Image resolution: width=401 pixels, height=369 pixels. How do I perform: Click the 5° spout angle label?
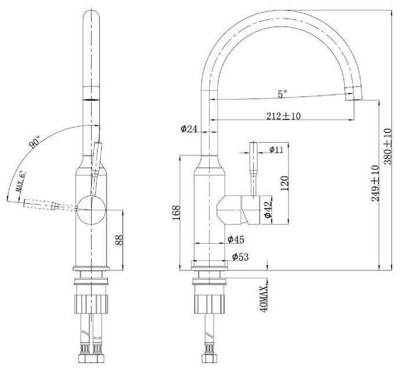point(282,93)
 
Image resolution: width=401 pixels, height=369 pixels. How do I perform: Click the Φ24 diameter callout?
point(189,129)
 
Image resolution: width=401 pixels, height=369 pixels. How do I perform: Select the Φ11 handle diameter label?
point(276,150)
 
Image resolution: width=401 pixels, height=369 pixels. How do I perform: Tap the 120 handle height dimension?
point(284,183)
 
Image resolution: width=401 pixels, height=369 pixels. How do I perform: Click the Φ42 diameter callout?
point(268,209)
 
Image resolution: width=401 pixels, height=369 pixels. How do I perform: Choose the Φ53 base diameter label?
point(240,256)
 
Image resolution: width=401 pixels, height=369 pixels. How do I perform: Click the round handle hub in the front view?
point(90,210)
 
